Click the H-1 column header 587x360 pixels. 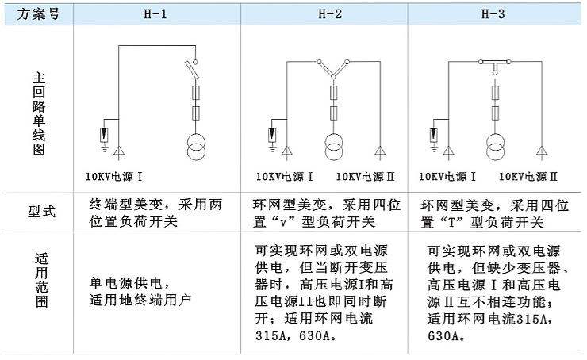155,14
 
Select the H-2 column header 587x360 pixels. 330,14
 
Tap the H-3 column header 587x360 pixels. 493,14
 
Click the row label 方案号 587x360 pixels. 39,14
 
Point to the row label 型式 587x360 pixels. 41,212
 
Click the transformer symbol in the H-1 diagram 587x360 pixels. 196,147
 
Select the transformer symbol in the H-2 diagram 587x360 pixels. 334,147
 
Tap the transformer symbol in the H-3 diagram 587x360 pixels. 495,147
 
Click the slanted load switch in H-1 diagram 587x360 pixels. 193,70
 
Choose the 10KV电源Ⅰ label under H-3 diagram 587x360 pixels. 447,177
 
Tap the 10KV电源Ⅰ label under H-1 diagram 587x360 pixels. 113,177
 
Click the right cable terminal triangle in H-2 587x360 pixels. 380,151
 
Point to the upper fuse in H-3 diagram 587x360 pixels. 495,93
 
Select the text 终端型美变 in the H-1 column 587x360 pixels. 126,205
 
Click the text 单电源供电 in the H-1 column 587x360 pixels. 126,283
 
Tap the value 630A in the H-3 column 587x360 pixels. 443,335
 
